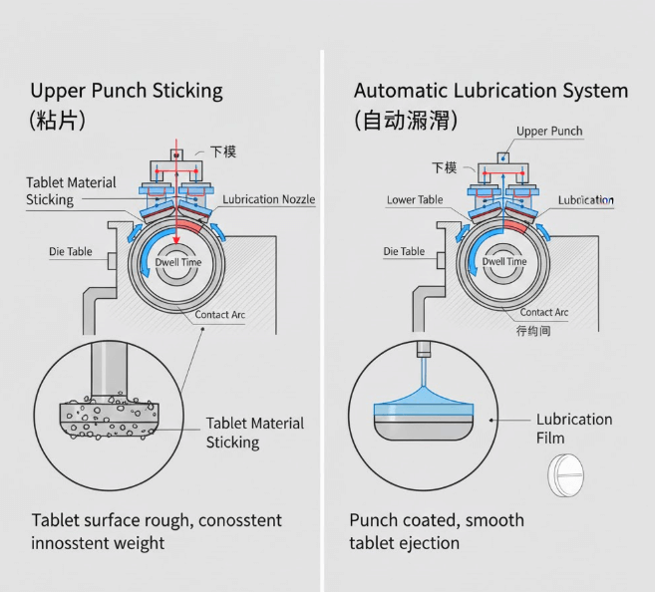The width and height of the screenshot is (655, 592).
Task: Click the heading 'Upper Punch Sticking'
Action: [x=127, y=92]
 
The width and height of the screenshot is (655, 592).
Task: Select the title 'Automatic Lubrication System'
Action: [x=491, y=92]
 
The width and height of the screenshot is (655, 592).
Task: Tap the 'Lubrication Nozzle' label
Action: [x=269, y=199]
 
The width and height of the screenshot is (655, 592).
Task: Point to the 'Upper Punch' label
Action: [x=549, y=132]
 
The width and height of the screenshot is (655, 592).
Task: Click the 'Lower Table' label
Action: [x=415, y=200]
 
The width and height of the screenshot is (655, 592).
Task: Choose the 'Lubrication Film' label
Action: [x=574, y=429]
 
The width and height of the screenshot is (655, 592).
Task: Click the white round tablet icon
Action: [x=565, y=475]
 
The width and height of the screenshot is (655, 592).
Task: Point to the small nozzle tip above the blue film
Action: [x=424, y=351]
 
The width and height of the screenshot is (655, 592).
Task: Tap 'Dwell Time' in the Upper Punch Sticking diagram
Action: [x=177, y=261]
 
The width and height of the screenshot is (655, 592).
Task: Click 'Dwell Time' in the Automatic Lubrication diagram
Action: [x=504, y=261]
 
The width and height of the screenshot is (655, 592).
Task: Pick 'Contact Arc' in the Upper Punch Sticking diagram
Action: [x=219, y=315]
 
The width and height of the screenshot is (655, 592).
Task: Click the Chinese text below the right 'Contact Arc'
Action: [x=533, y=330]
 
